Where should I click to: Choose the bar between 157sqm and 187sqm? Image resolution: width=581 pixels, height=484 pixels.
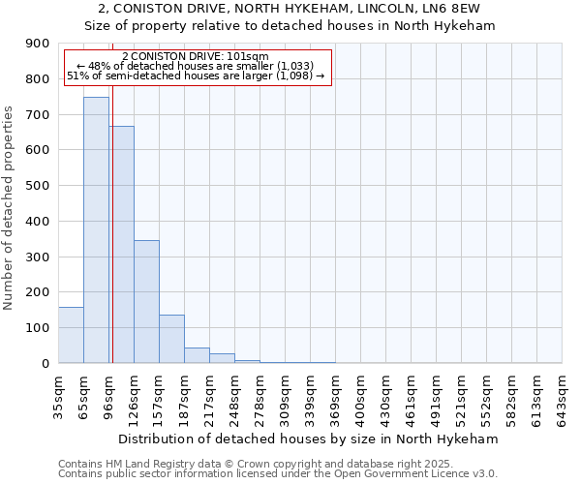[171, 339]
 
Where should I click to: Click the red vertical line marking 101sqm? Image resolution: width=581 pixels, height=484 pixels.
[112, 223]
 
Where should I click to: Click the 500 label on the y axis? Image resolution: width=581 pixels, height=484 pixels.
[38, 186]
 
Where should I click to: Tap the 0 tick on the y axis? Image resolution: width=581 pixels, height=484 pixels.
[45, 363]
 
